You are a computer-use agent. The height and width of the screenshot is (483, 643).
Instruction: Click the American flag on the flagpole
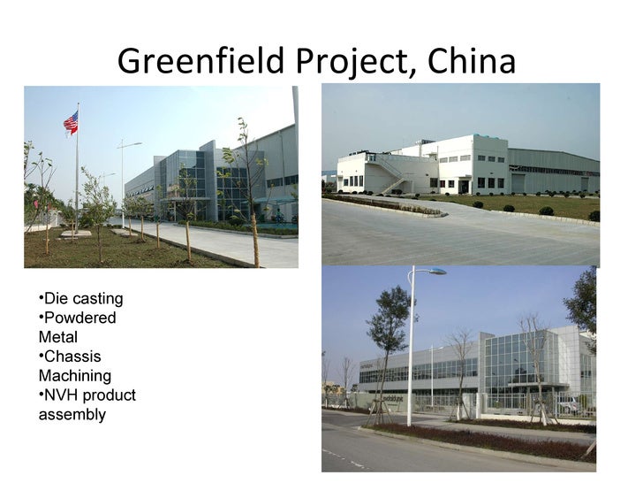tap(71, 122)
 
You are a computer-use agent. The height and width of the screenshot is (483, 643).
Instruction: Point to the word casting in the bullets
tap(97, 298)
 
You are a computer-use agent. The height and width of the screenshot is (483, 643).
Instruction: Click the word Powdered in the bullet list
tap(80, 318)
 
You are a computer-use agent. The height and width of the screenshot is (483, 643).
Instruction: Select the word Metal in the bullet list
tap(57, 337)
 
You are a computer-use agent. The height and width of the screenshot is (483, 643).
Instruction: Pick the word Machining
tap(75, 376)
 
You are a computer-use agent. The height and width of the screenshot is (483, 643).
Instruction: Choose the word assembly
tap(72, 415)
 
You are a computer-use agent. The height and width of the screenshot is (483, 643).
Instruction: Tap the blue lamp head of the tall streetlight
tap(436, 271)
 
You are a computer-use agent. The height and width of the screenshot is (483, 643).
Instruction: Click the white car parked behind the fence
tap(568, 403)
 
